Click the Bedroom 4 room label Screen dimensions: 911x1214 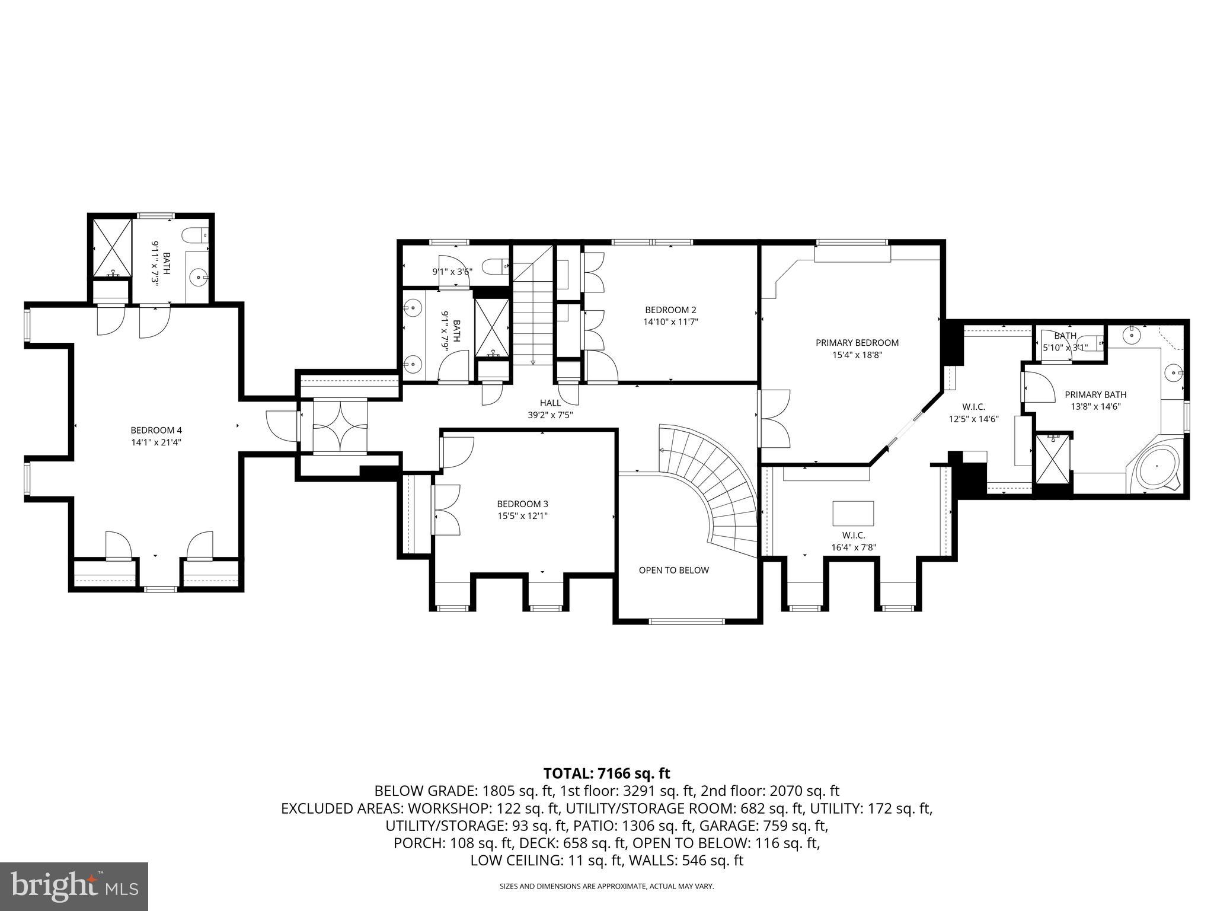tap(152, 430)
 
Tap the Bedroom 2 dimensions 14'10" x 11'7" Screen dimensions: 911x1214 tap(670, 322)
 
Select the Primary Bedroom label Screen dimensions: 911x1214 tap(857, 342)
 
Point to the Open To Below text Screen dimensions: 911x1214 tap(673, 570)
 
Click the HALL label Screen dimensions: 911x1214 tap(550, 403)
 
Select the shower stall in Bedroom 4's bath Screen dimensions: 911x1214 tap(111, 248)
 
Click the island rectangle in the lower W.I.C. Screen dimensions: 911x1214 tap(853, 513)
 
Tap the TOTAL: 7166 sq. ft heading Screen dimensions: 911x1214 tap(606, 773)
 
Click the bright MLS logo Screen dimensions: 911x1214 tap(74, 887)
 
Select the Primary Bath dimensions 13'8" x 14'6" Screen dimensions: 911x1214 tap(1095, 407)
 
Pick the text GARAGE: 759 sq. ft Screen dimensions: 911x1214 tap(763, 826)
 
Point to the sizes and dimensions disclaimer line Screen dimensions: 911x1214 tap(606, 886)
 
